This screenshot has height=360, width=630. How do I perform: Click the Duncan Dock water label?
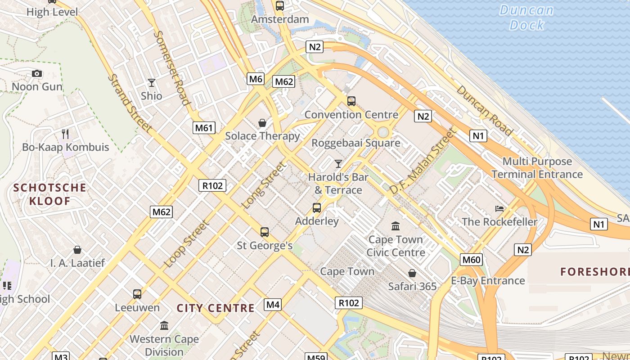[x=526, y=17]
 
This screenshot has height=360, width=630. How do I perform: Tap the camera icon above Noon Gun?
[x=37, y=73]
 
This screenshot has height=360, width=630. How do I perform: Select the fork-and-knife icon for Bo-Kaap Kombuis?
[x=65, y=134]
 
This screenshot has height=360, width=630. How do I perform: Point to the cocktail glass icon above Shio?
[x=152, y=83]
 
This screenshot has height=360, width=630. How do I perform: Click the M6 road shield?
[x=255, y=79]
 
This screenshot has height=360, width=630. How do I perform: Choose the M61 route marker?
[x=203, y=128]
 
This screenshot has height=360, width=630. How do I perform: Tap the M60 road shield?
[x=471, y=259]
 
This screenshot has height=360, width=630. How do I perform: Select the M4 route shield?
[x=273, y=305]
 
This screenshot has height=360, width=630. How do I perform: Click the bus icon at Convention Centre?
[x=351, y=101]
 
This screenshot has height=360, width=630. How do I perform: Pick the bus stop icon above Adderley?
[x=317, y=208]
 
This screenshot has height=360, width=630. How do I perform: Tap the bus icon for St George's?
[x=265, y=232]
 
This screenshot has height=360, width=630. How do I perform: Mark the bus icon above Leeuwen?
[x=137, y=294]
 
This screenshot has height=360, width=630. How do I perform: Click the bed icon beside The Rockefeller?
[x=499, y=208]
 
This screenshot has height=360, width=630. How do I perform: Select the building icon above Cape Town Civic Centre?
[x=396, y=226]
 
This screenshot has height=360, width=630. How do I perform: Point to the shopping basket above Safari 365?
[x=412, y=273]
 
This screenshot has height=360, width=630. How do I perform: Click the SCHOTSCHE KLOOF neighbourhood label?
[x=49, y=194]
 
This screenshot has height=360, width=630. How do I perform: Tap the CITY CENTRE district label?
[x=216, y=308]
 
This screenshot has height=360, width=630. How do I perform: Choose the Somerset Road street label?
[x=171, y=67]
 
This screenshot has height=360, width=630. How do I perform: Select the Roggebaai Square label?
[x=356, y=143]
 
